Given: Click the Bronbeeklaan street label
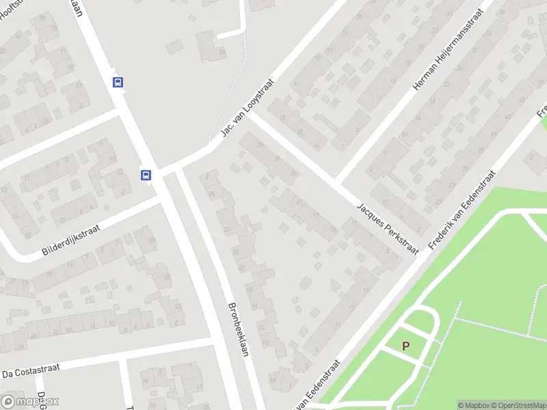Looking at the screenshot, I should pos(237,329).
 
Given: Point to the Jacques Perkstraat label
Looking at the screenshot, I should pos(388,229).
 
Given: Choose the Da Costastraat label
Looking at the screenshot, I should pos(31,371).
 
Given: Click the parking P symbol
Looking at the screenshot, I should pos(406,346).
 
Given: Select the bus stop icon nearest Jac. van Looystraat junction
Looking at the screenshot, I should pos(146,175).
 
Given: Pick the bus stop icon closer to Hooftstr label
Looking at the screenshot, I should pos(118,82).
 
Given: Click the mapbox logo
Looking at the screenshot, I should pos(29,402).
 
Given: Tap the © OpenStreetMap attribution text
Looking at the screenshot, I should pos(520,405).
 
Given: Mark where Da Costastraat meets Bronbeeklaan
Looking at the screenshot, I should pos(217,342).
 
